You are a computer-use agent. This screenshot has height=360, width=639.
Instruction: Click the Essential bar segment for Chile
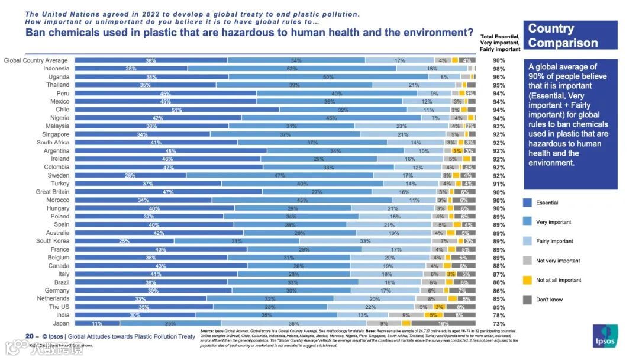[x=177, y=110]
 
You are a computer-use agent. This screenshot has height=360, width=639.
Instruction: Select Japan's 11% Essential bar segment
[x=97, y=323]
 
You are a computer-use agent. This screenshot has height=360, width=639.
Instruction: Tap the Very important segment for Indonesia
[x=292, y=69]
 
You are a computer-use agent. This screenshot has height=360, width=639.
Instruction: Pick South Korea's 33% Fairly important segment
[x=365, y=241]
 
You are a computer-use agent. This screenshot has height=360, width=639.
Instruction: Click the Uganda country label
[x=59, y=77]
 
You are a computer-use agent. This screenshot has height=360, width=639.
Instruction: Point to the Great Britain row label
[x=53, y=192]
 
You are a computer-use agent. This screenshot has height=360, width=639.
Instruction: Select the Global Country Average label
[x=36, y=60]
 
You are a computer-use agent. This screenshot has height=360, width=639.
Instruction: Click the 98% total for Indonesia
[x=499, y=69]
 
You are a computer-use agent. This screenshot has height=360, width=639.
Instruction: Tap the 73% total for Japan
[x=499, y=324]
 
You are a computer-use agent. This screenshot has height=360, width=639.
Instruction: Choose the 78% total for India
[x=499, y=316]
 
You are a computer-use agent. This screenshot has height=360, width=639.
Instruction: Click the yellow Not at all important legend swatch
[x=527, y=280]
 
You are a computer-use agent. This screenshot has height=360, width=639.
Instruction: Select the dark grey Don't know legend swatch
[x=527, y=300]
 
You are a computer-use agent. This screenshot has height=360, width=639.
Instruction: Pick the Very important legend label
[x=553, y=223]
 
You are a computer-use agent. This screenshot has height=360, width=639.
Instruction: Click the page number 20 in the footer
[x=28, y=336]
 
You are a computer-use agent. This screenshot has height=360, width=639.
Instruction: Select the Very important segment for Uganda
[x=328, y=77]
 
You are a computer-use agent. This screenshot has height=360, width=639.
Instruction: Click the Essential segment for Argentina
[x=170, y=151]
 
